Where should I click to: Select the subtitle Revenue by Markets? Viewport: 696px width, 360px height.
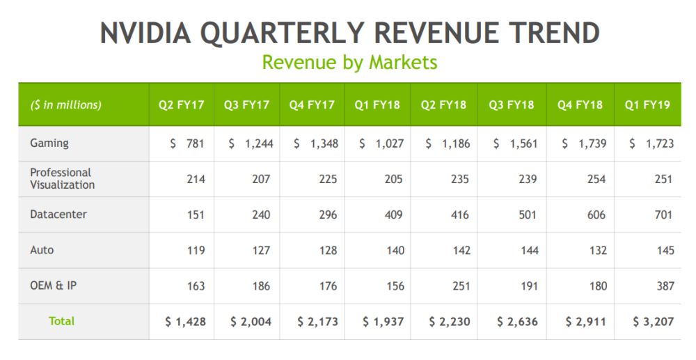point(349,62)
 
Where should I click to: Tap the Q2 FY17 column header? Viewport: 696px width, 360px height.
point(181,105)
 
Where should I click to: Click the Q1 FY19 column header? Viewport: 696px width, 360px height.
point(647,105)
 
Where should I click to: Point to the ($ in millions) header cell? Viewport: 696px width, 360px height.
point(65,105)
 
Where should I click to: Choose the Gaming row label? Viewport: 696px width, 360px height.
point(49,143)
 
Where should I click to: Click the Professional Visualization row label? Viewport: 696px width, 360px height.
point(62,178)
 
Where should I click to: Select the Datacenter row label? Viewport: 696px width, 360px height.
point(58,214)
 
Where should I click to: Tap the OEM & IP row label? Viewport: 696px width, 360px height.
point(53,285)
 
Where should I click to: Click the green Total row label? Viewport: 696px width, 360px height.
point(61,321)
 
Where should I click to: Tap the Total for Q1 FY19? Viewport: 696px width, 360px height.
point(653,322)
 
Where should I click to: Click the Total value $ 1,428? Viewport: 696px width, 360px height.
point(185,322)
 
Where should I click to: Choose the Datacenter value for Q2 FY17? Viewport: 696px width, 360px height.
point(195,214)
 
